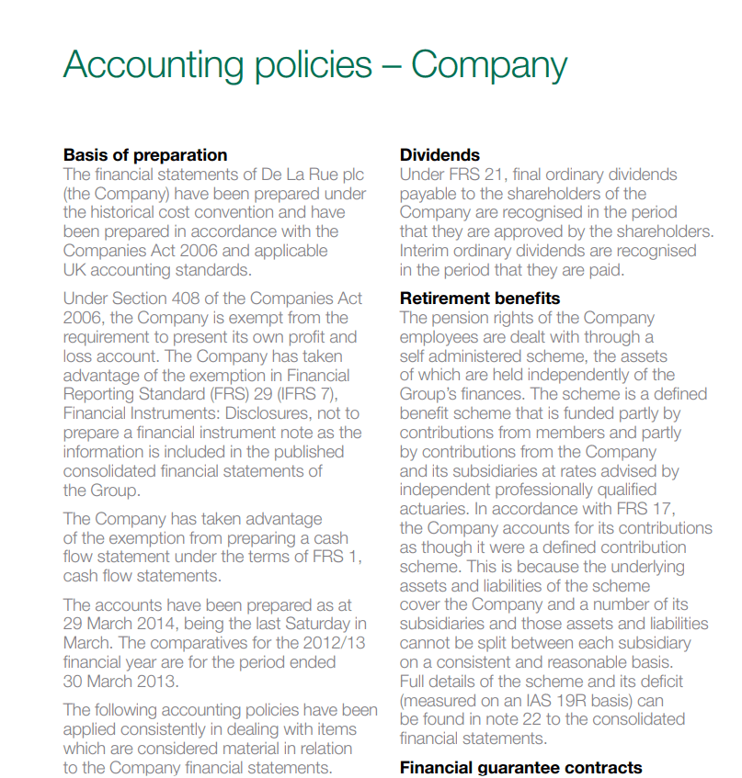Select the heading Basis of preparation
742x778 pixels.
point(145,155)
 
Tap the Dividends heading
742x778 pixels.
point(439,155)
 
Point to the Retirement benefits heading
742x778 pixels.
point(480,299)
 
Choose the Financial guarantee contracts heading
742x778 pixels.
point(521,768)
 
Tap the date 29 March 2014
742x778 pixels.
point(129,624)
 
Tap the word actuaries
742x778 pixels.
point(437,509)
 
